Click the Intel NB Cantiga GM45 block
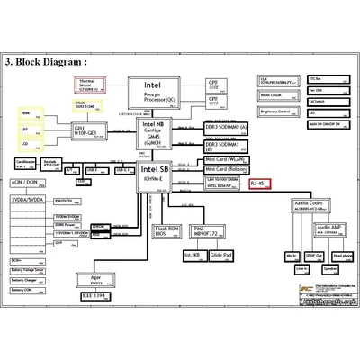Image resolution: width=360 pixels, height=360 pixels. (155, 132)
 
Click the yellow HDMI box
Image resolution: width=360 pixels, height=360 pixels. (25, 114)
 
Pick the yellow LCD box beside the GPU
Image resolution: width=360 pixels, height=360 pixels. (25, 143)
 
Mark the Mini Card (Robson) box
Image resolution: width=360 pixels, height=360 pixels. (226, 169)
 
